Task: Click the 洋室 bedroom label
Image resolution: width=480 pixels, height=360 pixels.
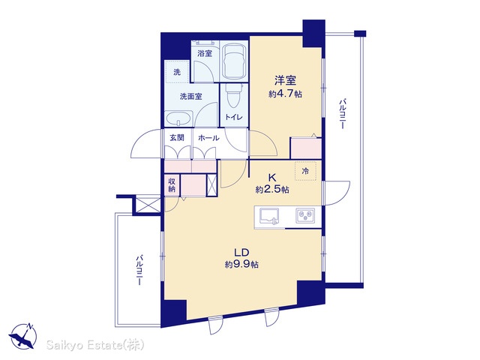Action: [285, 80]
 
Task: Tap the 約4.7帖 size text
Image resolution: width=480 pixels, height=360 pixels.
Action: [285, 94]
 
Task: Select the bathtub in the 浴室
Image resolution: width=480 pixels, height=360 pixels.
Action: [234, 61]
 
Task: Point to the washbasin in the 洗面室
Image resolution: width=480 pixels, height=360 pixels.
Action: [178, 118]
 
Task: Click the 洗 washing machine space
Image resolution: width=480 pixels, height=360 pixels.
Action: [177, 72]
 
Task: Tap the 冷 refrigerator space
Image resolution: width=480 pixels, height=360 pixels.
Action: [305, 171]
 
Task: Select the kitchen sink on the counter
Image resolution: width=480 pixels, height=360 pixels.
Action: [269, 216]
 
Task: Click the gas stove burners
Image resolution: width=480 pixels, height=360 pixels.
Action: [305, 215]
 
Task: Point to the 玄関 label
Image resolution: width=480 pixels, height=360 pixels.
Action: [177, 138]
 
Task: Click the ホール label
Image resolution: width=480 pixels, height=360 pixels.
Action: [208, 138]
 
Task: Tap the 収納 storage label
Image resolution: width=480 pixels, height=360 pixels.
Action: [172, 185]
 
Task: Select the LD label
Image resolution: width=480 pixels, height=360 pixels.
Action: [241, 253]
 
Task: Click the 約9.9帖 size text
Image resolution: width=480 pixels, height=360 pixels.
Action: [241, 265]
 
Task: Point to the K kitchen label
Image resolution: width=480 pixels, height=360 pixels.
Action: [272, 177]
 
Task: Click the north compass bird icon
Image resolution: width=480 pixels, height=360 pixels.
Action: [23, 336]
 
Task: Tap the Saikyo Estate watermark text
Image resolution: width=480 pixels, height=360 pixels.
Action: [95, 345]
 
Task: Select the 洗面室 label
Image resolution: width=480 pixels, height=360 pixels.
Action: [190, 97]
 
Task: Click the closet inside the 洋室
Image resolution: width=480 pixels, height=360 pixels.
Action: [305, 148]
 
